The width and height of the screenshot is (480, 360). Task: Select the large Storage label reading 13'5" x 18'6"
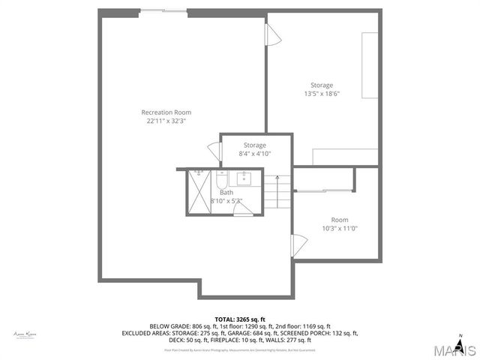[322, 85]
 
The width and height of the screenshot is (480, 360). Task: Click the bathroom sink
[243, 178]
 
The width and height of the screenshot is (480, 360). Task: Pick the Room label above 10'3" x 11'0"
[339, 220]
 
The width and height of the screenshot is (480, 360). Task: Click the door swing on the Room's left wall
[299, 244]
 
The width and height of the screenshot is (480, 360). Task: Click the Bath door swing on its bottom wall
[243, 211]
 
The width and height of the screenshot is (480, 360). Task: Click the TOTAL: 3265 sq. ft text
[240, 319]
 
